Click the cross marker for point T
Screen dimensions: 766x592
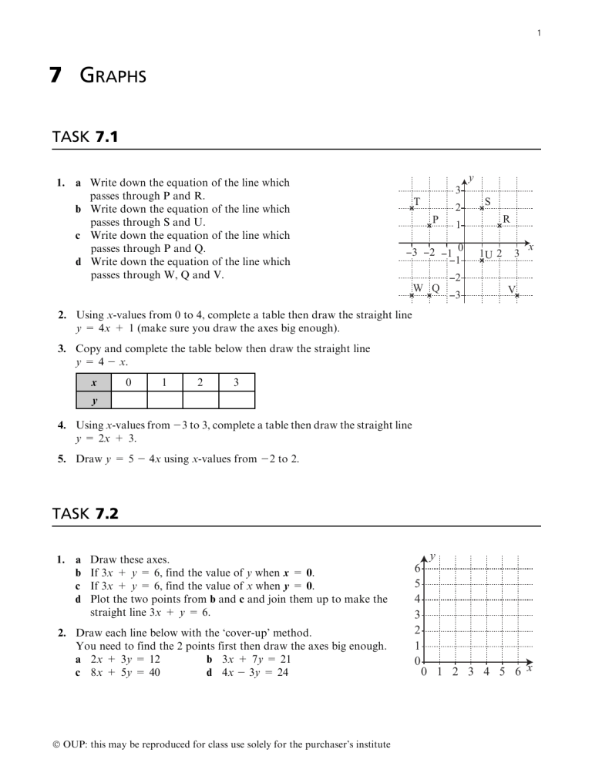412,208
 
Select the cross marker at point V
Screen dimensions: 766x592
517,295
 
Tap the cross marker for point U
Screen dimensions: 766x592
482,260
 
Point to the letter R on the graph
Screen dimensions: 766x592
506,219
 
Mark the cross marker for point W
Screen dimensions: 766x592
412,295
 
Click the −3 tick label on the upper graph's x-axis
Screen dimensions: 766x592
412,252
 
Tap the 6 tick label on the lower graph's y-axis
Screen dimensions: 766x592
417,568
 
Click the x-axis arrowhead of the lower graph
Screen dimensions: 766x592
529,662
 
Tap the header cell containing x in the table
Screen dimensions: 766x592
93,382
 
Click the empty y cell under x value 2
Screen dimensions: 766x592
200,400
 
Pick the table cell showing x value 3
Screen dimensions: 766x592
237,382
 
